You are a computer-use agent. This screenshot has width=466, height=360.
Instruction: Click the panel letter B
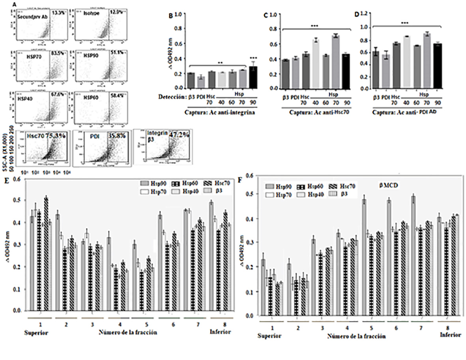coord(170,16)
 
